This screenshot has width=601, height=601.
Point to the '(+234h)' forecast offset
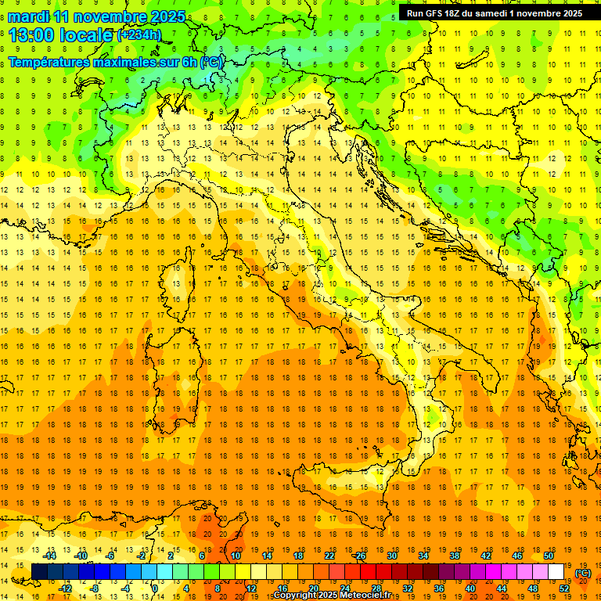pyautogui.click(x=139, y=35)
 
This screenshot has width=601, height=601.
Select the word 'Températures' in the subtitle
pyautogui.click(x=53, y=62)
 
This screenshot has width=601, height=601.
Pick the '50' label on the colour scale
pyautogui.click(x=549, y=556)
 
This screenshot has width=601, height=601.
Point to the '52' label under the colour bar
pyautogui.click(x=564, y=588)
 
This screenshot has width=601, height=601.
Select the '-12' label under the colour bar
pyautogui.click(x=65, y=588)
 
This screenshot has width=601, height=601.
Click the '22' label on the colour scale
pyautogui.click(x=329, y=556)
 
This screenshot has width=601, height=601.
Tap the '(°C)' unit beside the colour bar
pyautogui.click(x=584, y=573)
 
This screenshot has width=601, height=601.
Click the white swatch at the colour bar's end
pyautogui.click(x=556, y=572)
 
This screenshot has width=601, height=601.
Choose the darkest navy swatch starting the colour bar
pyautogui.click(x=39, y=572)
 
